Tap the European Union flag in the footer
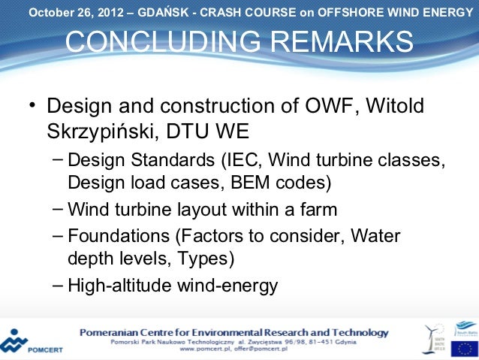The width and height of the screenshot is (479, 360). [463, 347]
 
